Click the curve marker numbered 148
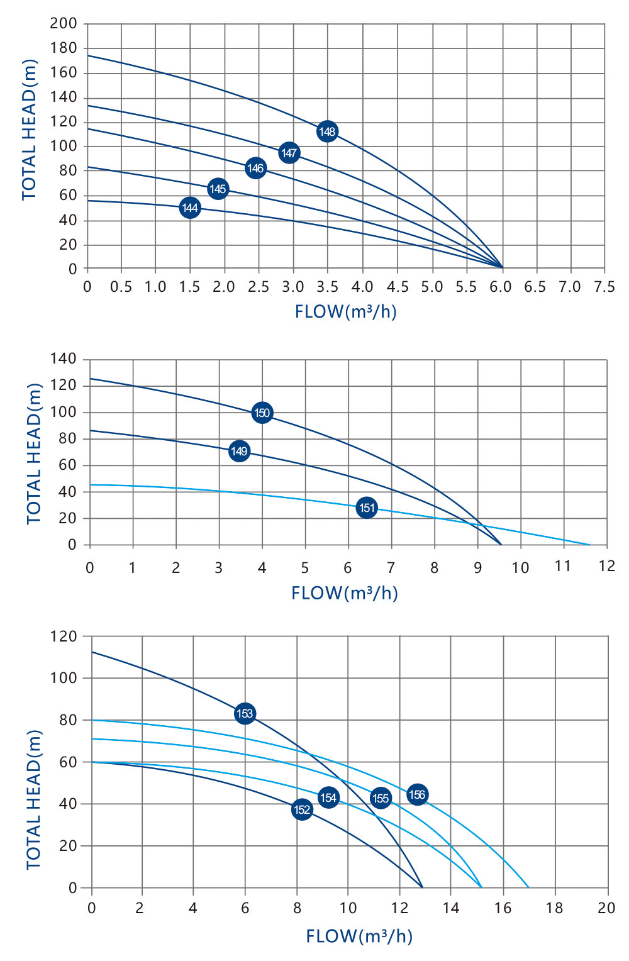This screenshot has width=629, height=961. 327,131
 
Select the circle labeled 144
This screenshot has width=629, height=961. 190,208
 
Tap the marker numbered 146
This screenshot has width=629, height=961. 255,168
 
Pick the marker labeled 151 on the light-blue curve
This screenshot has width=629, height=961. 367,508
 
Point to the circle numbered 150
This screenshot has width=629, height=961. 262,413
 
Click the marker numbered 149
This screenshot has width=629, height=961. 239,451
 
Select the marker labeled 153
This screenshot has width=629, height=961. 245,713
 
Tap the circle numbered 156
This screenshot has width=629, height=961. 417,794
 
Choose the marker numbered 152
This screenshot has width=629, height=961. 302,809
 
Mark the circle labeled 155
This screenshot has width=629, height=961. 381,798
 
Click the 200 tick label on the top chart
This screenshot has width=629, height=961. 64,23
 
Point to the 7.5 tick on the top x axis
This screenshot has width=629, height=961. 604,287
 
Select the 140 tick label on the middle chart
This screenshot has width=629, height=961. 63,358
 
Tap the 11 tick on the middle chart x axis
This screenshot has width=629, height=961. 563,566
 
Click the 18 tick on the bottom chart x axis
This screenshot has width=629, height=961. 554,908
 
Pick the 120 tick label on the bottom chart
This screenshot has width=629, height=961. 64,636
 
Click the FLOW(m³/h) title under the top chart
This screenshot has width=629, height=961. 346,311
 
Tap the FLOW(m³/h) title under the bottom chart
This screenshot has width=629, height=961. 359,936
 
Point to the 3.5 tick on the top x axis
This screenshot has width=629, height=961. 327,287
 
